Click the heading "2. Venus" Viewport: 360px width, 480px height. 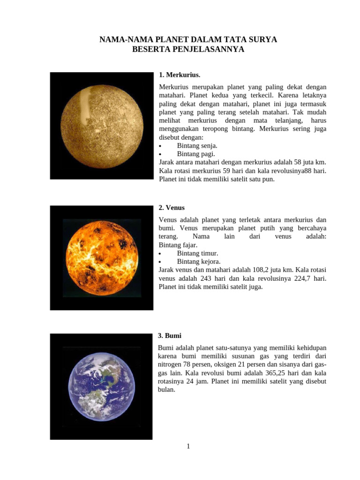(x=172, y=208)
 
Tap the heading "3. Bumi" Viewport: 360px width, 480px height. (x=170, y=336)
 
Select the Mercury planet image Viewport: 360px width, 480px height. (x=102, y=126)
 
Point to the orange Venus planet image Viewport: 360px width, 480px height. (x=102, y=258)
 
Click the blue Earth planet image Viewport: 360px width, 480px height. (x=101, y=386)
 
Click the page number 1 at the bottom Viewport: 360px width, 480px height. (x=188, y=446)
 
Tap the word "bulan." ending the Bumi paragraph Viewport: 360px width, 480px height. (x=167, y=390)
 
